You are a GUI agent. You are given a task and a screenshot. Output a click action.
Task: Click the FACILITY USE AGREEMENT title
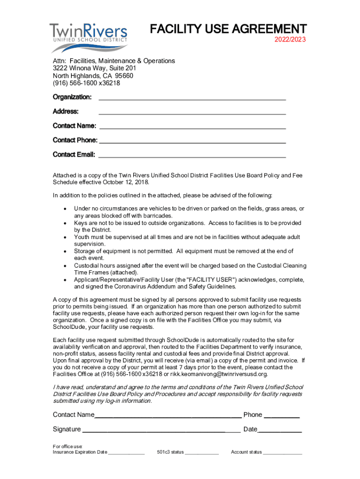(228, 29)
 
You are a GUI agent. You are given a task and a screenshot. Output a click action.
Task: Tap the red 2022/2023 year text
(290, 40)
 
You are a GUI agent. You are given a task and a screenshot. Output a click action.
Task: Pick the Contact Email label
(74, 154)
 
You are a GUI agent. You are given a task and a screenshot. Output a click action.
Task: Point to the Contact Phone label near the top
(75, 140)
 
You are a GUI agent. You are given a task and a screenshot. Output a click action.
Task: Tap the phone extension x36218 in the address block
(109, 83)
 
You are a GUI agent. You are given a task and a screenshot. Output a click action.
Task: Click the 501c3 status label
(170, 452)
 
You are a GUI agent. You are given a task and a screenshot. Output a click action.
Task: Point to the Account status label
(246, 452)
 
